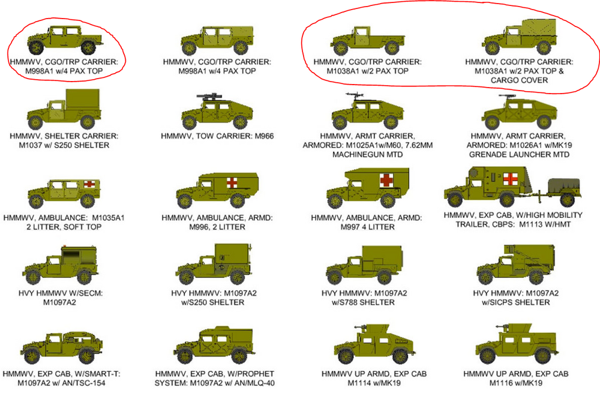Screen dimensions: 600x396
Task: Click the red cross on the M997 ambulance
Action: point(386,180)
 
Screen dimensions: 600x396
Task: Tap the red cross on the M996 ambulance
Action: point(232,182)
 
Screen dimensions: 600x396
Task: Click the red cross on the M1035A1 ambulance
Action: point(89,184)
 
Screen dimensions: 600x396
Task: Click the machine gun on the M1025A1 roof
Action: point(355,95)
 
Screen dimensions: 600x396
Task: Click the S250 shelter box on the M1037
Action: point(83,100)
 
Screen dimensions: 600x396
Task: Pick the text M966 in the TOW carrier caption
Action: point(265,136)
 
